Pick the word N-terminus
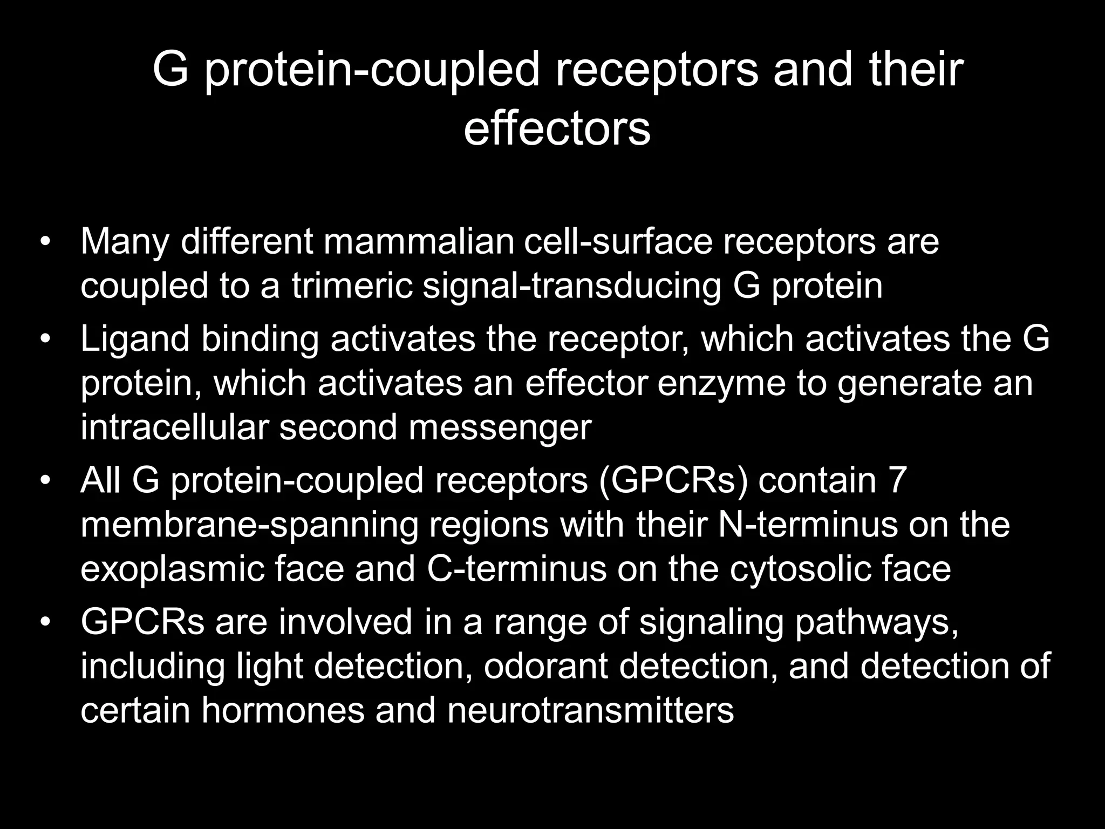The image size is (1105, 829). pos(808,524)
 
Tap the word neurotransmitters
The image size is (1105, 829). pos(590,710)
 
